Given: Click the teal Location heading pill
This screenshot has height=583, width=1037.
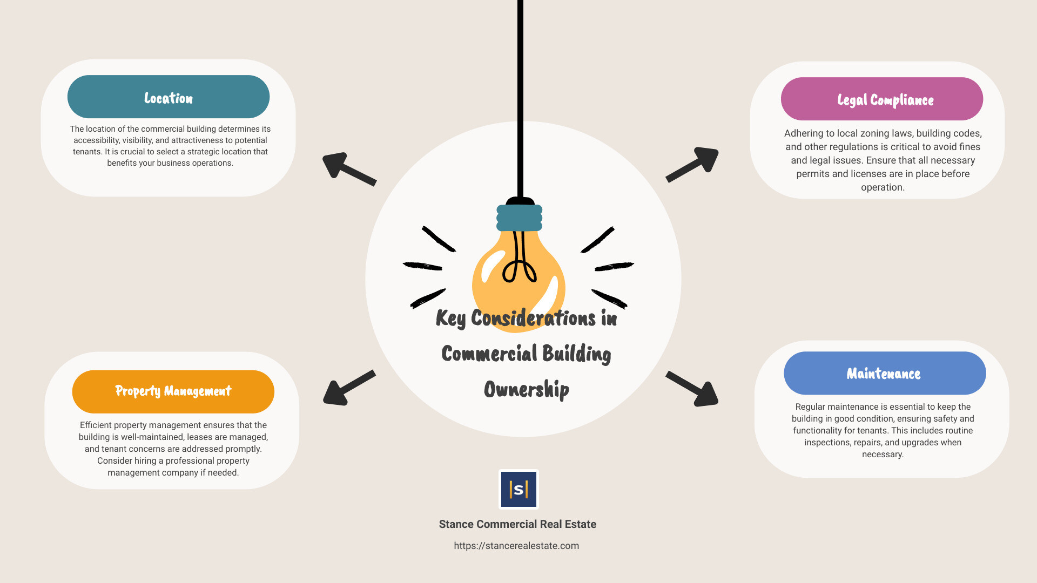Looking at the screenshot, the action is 169,97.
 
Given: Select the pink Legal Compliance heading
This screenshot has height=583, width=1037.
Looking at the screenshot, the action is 882,99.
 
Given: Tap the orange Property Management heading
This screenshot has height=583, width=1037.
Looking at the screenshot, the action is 173,391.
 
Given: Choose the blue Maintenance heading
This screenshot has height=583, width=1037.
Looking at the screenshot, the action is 885,373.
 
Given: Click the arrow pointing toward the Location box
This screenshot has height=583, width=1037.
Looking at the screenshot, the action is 349,169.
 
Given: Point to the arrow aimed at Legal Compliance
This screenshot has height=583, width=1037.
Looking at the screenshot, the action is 692,164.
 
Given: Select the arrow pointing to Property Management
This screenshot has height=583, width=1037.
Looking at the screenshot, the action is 349,388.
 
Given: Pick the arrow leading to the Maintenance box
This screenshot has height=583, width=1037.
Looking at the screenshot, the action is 692,389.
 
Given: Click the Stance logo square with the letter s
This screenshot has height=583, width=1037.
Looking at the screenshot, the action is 518,489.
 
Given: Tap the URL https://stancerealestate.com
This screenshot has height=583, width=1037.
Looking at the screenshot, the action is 516,546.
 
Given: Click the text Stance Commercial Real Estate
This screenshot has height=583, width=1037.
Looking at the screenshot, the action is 517,524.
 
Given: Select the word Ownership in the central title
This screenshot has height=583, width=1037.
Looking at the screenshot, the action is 527,389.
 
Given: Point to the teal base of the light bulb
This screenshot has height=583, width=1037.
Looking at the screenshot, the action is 519,218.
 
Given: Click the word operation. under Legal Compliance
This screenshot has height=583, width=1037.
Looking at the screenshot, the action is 883,187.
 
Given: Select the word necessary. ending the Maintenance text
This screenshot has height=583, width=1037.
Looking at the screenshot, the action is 883,455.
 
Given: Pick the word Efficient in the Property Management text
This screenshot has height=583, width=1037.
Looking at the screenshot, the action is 98,425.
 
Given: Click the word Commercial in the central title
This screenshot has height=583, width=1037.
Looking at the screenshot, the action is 489,354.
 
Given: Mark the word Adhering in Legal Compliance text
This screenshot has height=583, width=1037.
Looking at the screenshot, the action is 804,133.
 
